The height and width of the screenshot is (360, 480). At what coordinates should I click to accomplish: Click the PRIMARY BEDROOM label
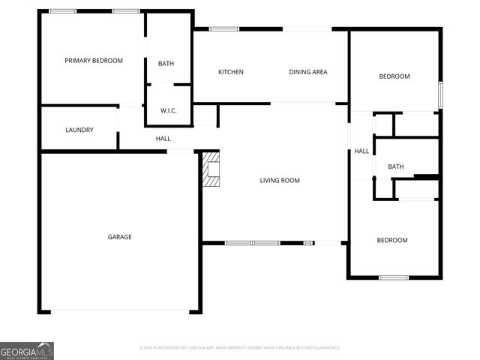pyautogui.click(x=93, y=61)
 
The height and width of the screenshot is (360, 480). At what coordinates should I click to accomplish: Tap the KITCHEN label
pyautogui.click(x=230, y=72)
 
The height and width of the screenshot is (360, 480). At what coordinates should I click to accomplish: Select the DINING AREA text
pyautogui.click(x=308, y=72)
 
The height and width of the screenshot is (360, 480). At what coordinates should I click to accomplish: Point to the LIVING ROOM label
pyautogui.click(x=280, y=180)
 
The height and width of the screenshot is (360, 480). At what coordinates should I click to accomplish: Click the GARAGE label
pyautogui.click(x=119, y=237)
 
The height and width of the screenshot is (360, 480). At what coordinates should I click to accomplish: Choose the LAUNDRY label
pyautogui.click(x=79, y=130)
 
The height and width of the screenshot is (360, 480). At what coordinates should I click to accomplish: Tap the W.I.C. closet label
pyautogui.click(x=168, y=111)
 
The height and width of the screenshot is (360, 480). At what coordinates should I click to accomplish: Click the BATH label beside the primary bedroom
pyautogui.click(x=166, y=64)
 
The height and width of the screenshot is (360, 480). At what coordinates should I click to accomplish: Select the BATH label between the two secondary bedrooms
pyautogui.click(x=396, y=166)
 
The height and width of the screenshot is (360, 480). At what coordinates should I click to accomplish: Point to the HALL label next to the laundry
pyautogui.click(x=163, y=139)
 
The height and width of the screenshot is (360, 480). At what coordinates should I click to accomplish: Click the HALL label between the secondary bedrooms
pyautogui.click(x=361, y=151)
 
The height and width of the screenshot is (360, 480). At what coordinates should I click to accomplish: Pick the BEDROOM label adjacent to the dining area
pyautogui.click(x=394, y=76)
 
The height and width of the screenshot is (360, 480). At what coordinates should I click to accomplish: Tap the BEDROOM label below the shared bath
pyautogui.click(x=391, y=240)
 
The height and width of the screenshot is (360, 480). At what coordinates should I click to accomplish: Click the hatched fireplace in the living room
pyautogui.click(x=212, y=170)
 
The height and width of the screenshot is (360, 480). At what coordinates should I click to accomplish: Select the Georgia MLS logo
pyautogui.click(x=27, y=350)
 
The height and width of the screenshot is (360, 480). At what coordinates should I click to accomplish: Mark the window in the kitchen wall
pyautogui.click(x=224, y=29)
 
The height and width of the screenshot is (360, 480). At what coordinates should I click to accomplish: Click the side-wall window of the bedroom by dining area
pyautogui.click(x=440, y=94)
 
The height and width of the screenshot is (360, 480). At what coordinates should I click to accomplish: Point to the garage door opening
pyautogui.click(x=120, y=311)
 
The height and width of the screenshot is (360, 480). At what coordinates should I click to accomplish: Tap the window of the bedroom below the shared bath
pyautogui.click(x=393, y=278)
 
